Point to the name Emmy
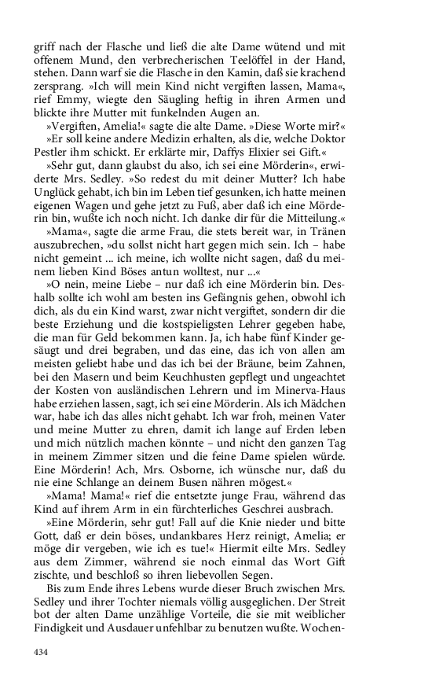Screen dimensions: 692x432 coord(76,100)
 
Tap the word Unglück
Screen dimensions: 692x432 coord(57,196)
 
